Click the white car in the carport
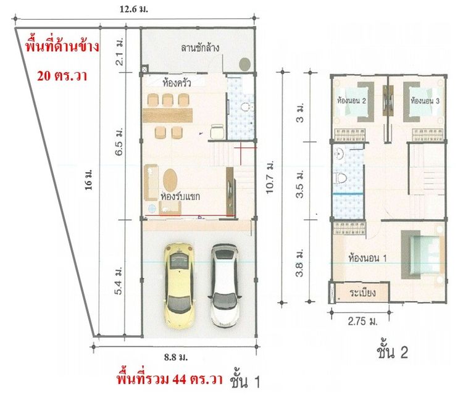click(x=223, y=285)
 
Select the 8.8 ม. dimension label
click(x=177, y=357)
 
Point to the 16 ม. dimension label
click(x=89, y=184)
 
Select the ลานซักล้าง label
click(x=201, y=48)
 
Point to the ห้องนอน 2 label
click(x=352, y=100)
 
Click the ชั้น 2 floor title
click(x=393, y=353)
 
